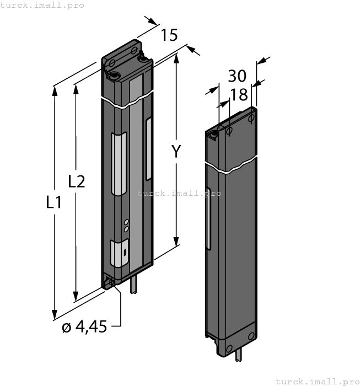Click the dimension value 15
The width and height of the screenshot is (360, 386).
coord(169,35)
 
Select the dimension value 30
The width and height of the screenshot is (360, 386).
coord(237,76)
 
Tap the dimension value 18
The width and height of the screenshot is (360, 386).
coord(239,95)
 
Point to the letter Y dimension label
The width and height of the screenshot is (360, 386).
coord(175,151)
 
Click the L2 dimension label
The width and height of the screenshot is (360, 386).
coord(76,181)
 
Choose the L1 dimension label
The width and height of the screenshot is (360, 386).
coord(53,202)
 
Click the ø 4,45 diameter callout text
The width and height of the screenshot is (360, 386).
coord(84,327)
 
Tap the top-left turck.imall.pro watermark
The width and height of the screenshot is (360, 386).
coord(42,5)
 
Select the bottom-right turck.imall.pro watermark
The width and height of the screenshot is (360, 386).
coord(316,381)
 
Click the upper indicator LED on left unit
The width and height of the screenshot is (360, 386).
coord(126,222)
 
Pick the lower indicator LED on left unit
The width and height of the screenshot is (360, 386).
coord(126,228)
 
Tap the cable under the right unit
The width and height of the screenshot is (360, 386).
coord(238,356)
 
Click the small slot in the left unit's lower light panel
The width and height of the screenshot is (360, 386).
coord(125,253)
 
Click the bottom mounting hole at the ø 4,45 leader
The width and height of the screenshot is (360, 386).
coord(112,282)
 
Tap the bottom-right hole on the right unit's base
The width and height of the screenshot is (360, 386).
coord(251,336)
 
